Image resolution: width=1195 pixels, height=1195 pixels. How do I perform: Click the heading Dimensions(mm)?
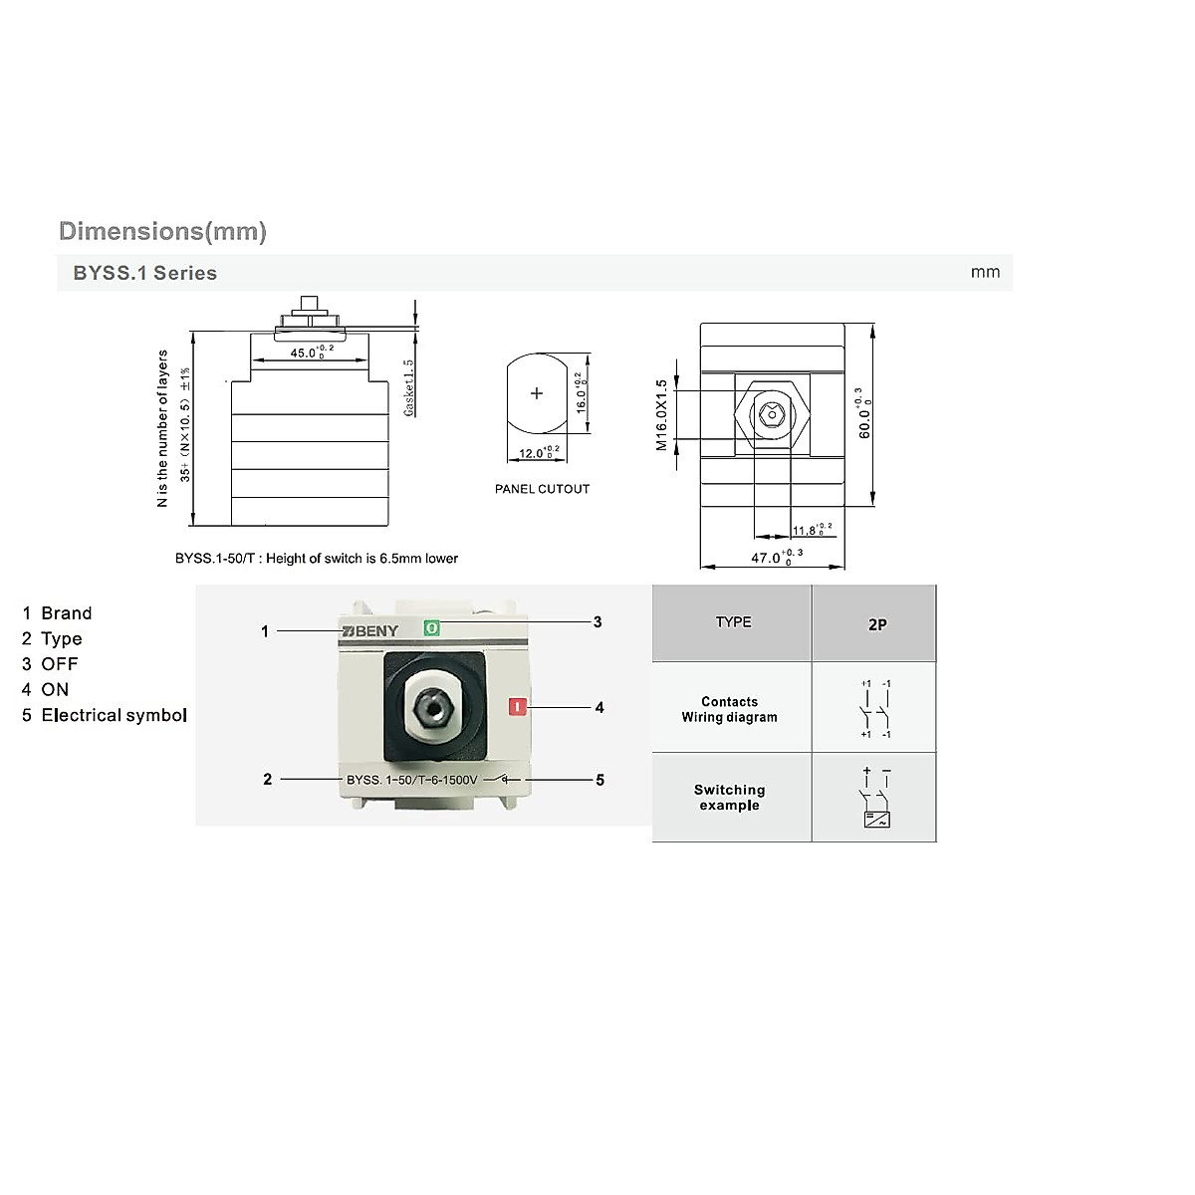[162, 231]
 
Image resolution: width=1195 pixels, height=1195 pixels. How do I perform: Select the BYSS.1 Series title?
[144, 273]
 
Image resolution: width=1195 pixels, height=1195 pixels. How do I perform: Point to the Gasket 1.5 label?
[408, 388]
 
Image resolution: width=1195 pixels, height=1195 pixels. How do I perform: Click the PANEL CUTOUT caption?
[542, 489]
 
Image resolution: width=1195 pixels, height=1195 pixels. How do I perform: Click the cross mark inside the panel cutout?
[537, 393]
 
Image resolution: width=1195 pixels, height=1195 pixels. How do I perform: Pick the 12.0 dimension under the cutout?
[539, 453]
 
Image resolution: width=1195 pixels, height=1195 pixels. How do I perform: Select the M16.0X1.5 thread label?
[662, 415]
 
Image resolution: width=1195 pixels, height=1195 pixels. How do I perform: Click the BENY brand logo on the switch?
[369, 631]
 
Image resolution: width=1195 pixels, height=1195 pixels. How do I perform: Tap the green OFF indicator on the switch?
[431, 628]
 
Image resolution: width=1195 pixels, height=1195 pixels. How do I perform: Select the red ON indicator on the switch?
[517, 707]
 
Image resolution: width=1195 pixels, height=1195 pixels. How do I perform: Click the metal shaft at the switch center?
[435, 708]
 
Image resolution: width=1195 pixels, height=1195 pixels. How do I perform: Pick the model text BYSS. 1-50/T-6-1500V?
[411, 780]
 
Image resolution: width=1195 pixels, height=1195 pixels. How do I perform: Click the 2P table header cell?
[876, 624]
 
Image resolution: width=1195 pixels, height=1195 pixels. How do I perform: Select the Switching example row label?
[730, 798]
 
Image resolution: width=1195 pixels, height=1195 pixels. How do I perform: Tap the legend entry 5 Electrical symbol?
[105, 715]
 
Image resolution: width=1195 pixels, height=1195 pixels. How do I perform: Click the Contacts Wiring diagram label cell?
[730, 709]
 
